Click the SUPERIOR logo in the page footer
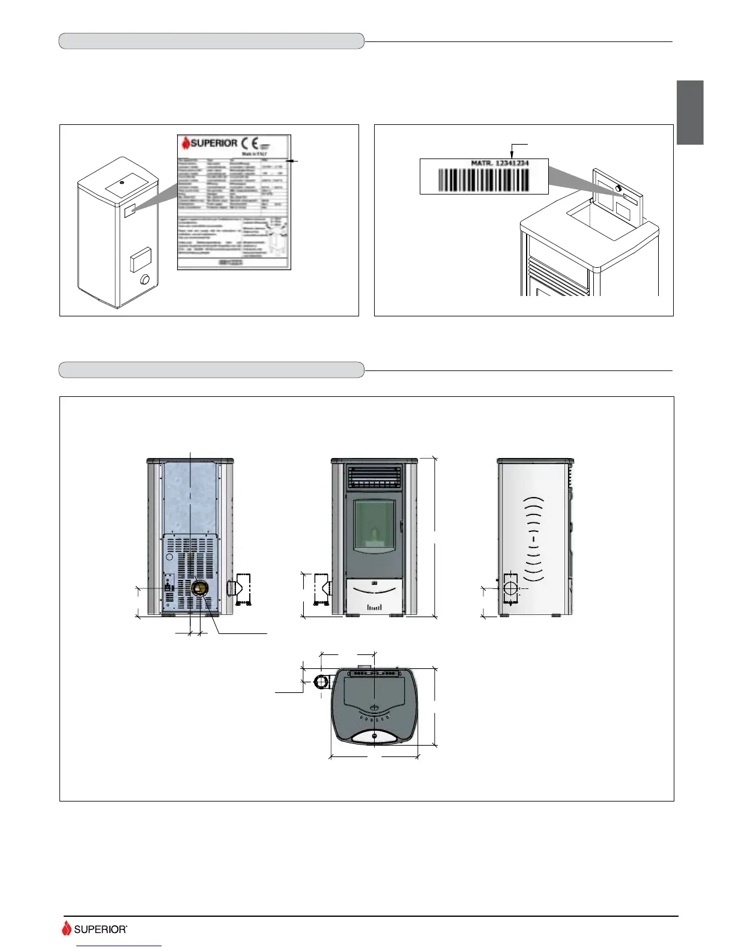[94, 929]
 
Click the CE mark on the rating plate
[250, 143]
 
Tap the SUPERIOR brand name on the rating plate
[210, 143]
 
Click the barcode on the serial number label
[484, 180]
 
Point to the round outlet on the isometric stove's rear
[145, 280]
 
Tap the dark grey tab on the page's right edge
[690, 112]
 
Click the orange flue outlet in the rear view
[198, 588]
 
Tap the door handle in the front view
[401, 527]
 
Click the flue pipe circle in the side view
[510, 588]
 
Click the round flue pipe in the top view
[322, 682]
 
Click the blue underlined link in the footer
[119, 947]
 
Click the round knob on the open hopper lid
[619, 189]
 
